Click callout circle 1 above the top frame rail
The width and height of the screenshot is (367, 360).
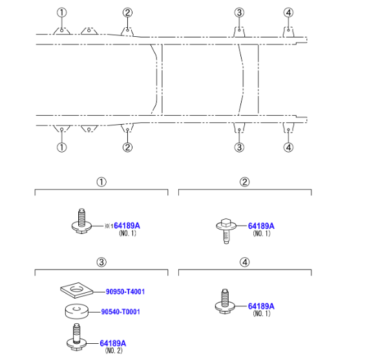click(x=62, y=12)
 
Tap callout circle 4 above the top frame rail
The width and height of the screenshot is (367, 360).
click(x=288, y=12)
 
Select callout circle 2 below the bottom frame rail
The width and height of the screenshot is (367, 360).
click(x=127, y=147)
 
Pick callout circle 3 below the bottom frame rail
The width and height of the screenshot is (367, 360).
click(x=239, y=147)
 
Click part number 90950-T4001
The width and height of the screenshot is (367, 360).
click(x=125, y=291)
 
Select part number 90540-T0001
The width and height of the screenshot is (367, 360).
click(x=121, y=312)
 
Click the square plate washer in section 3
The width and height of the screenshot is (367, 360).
click(x=76, y=290)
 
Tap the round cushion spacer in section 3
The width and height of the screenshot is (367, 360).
click(x=76, y=312)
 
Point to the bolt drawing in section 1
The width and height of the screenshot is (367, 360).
click(x=81, y=221)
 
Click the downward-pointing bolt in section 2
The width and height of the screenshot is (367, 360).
click(x=226, y=231)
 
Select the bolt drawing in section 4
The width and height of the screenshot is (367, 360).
click(x=225, y=301)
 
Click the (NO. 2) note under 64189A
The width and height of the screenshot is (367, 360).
click(x=114, y=350)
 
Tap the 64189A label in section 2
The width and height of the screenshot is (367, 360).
click(x=261, y=226)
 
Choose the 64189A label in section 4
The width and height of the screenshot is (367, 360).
click(x=261, y=306)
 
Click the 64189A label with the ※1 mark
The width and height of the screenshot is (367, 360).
click(x=127, y=226)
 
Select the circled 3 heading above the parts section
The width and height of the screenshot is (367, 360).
click(x=101, y=262)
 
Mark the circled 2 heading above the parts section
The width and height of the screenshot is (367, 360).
click(x=245, y=182)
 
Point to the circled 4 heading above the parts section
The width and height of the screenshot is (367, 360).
click(x=245, y=262)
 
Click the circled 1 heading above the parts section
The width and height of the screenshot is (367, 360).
click(x=101, y=182)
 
